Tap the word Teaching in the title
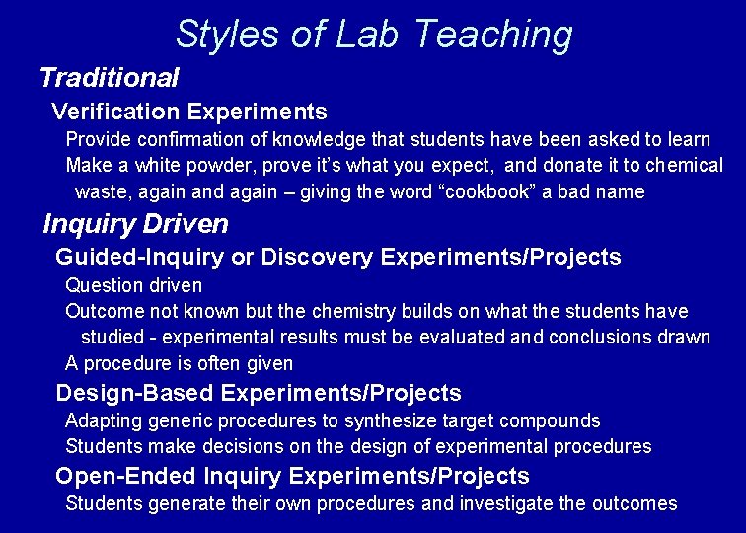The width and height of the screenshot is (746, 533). click(493, 35)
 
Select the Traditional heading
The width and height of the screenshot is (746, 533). click(109, 77)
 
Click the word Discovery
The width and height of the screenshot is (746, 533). click(316, 259)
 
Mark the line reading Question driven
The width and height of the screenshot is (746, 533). click(133, 286)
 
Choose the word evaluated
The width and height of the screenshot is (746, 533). click(463, 338)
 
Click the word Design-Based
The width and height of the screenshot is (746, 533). click(135, 394)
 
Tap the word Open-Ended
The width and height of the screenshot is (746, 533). click(126, 477)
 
